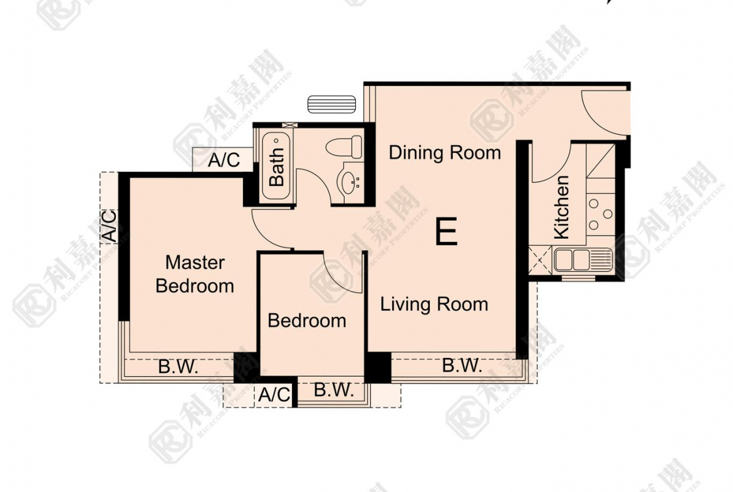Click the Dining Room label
[x=445, y=152]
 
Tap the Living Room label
[x=434, y=305]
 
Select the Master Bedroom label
[x=195, y=274]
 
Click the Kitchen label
[x=561, y=207]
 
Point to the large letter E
[x=446, y=233]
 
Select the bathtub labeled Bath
[x=276, y=166]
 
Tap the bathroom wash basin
[x=348, y=182]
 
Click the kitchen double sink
[x=582, y=259]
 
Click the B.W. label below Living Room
[x=462, y=366]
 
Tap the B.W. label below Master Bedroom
[x=178, y=367]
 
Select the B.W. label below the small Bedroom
[x=333, y=391]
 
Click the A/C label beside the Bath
[x=224, y=160]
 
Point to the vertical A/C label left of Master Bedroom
[x=109, y=226]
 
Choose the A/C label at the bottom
[x=274, y=395]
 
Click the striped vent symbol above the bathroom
[x=331, y=104]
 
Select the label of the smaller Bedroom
[x=307, y=321]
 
